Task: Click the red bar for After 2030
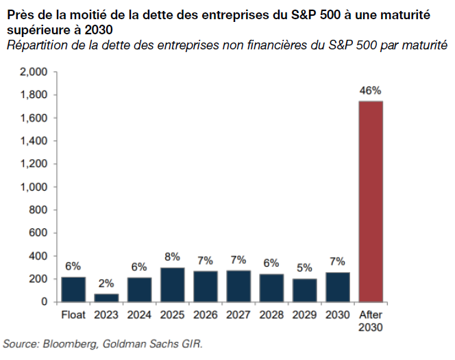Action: pyautogui.click(x=371, y=201)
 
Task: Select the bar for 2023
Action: pyautogui.click(x=106, y=298)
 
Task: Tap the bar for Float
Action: pyautogui.click(x=73, y=289)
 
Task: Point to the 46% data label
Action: pyautogui.click(x=371, y=90)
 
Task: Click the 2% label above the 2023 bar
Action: pyautogui.click(x=106, y=283)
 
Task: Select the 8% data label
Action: pyautogui.click(x=172, y=256)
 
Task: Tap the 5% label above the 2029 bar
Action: pyautogui.click(x=304, y=268)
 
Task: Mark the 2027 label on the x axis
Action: pyautogui.click(x=238, y=315)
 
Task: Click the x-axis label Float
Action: pyautogui.click(x=73, y=315)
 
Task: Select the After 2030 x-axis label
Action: pyautogui.click(x=371, y=321)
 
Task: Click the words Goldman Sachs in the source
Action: pyautogui.click(x=132, y=343)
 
